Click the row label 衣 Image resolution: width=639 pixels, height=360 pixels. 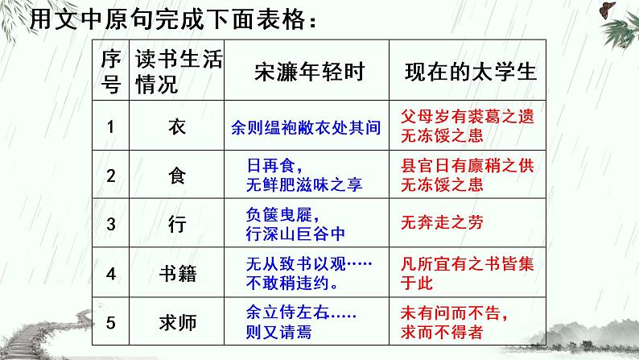(178, 126)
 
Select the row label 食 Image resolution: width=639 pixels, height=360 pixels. (178, 176)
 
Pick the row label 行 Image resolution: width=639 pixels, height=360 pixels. (178, 225)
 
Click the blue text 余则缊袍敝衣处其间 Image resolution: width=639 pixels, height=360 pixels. (305, 126)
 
